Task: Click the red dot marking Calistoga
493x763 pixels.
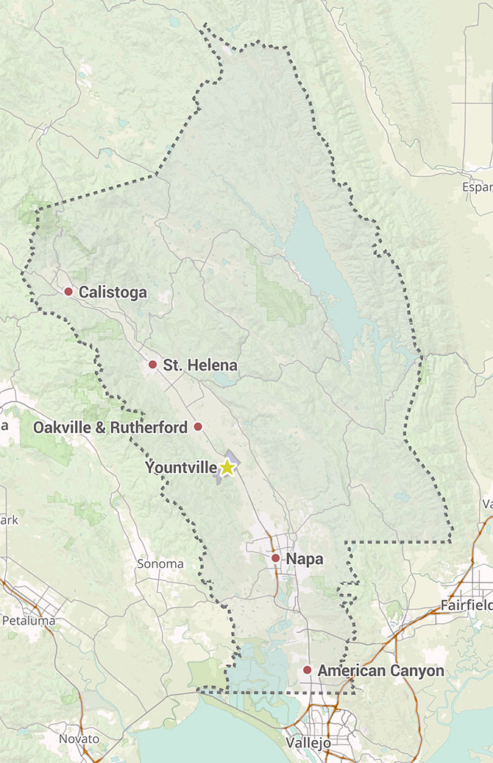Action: [x=68, y=292]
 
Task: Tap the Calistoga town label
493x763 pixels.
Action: [x=113, y=292]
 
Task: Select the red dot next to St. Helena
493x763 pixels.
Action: [x=153, y=365]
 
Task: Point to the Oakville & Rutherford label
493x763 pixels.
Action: [x=110, y=427]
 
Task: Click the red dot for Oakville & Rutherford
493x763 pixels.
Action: [x=197, y=426]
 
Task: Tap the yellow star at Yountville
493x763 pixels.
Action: [x=227, y=467]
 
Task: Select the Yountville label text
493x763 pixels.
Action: [x=181, y=468]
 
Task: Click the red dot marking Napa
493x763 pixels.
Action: [x=275, y=559]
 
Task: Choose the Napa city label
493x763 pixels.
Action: [x=305, y=560]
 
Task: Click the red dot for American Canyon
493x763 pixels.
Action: [x=307, y=670]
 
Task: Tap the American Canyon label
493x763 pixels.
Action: [x=381, y=671]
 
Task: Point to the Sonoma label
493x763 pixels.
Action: [x=160, y=564]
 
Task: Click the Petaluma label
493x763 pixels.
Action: [x=29, y=620]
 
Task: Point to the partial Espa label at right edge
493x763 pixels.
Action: [x=477, y=187]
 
